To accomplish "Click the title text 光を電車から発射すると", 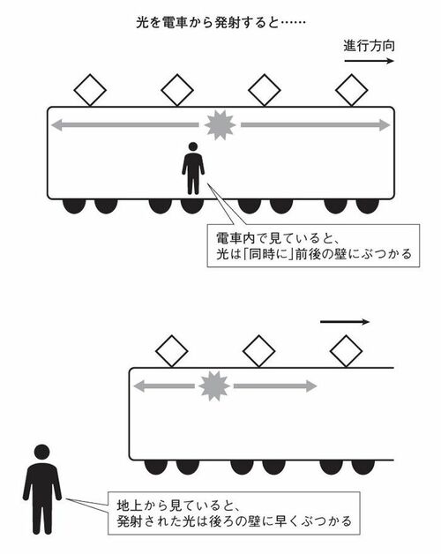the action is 207,23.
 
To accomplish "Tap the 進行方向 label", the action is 369,46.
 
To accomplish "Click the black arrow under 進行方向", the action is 370,61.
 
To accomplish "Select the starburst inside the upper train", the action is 220,124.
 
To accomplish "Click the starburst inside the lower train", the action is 213,386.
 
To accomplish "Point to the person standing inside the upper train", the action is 193,168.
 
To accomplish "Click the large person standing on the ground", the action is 42,489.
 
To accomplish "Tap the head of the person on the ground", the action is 42,453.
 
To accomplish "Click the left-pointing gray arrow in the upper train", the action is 125,124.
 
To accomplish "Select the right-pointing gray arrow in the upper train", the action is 316,124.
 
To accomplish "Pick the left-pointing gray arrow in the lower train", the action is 164,386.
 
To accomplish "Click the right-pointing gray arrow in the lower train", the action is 275,386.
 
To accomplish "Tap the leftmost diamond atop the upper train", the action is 90,90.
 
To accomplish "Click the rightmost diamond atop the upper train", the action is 352,90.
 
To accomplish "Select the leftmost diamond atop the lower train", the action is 172,351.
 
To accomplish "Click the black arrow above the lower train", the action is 345,322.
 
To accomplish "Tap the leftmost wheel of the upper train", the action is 74,206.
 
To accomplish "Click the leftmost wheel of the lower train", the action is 156,468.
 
